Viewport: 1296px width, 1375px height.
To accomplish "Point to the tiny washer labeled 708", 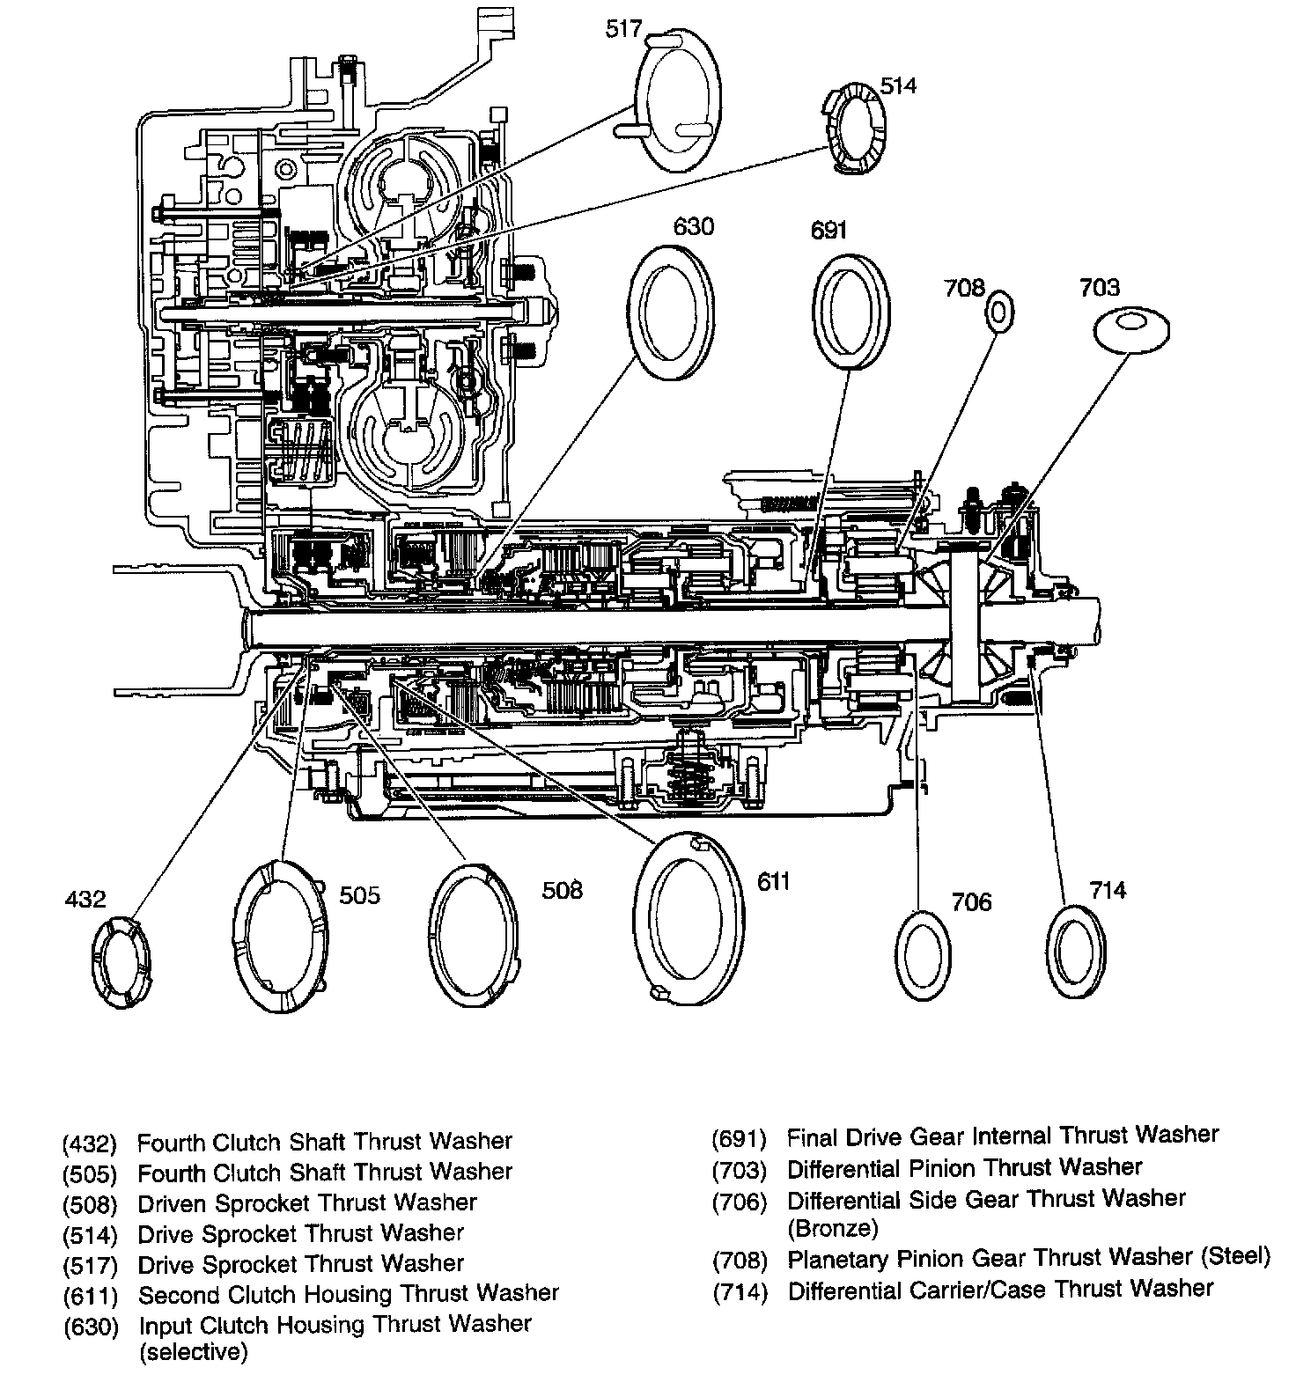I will [999, 312].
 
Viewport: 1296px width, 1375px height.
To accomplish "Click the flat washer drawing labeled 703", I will [1130, 331].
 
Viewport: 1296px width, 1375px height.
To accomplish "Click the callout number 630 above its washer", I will [693, 226].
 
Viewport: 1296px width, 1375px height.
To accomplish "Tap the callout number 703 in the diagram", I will [1100, 287].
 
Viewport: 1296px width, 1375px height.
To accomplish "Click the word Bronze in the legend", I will [832, 1228].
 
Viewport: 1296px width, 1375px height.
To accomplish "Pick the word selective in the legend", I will [193, 1351].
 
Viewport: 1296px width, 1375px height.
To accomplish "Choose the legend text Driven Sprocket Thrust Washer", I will [307, 1202].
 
